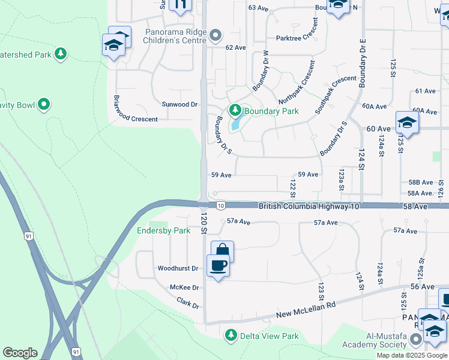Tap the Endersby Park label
pos(163,230)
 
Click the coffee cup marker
pos(218,265)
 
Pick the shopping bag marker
pos(222,250)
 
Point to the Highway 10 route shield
pos(220,206)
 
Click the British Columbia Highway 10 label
pos(309,206)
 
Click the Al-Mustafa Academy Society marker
pos(415,341)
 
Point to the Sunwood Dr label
pos(179,104)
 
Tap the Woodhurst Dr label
pos(178,268)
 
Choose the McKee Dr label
pos(184,288)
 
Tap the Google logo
pos(20,353)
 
